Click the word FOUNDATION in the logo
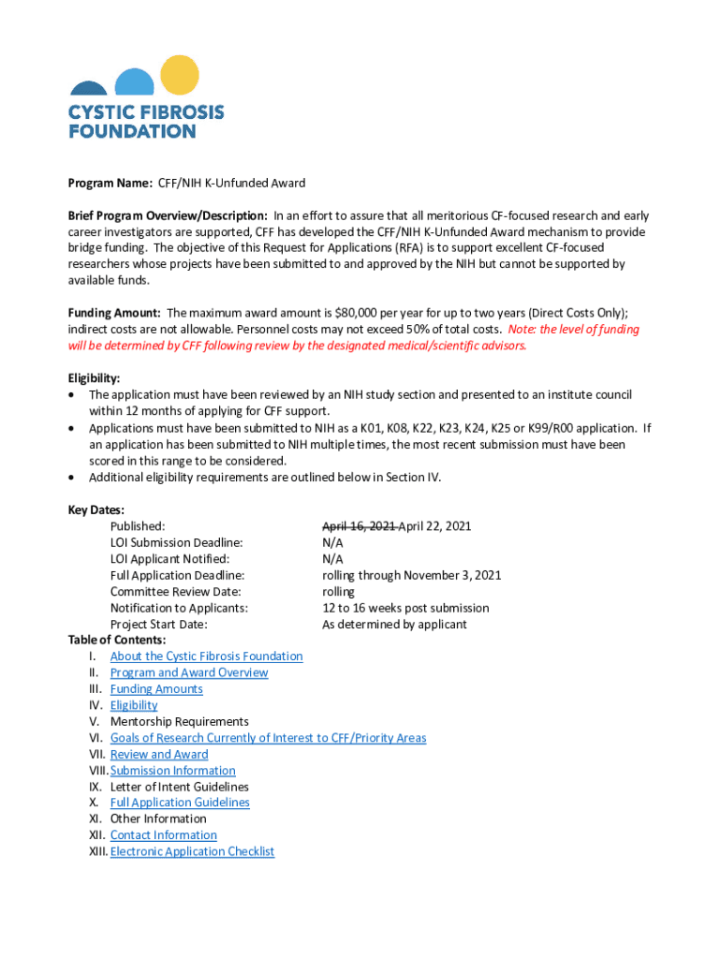click(132, 131)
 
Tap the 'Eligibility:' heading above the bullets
click(94, 378)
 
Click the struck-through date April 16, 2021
click(359, 526)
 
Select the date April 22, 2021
click(435, 526)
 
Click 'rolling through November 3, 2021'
click(411, 575)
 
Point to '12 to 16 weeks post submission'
click(405, 608)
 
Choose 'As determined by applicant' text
click(394, 625)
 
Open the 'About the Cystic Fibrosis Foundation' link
click(206, 657)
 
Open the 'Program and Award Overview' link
click(189, 672)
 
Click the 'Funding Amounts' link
click(156, 689)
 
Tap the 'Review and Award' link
click(159, 755)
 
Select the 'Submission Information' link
click(173, 771)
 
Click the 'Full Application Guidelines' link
click(180, 803)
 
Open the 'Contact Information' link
click(163, 835)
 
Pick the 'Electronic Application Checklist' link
click(192, 851)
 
